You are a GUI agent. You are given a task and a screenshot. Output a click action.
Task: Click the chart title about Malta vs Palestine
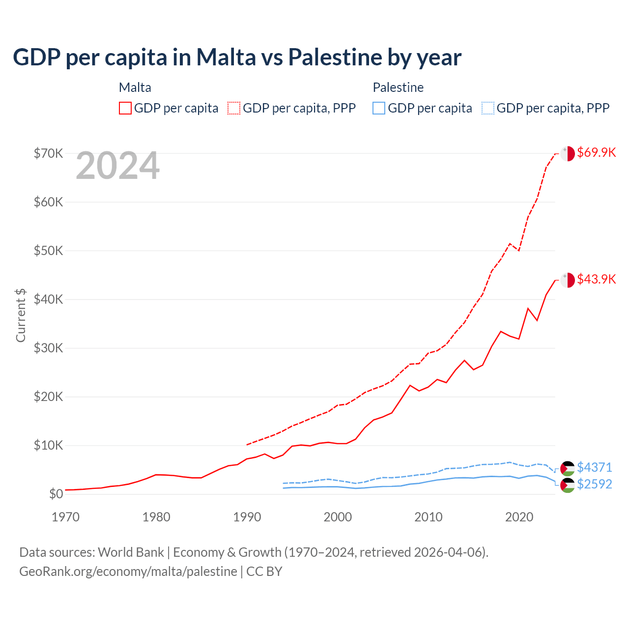[237, 57]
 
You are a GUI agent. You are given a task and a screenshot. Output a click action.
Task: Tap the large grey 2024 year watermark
[117, 166]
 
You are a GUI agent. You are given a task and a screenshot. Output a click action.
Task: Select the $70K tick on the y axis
[48, 153]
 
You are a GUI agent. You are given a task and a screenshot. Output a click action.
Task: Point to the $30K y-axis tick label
[48, 348]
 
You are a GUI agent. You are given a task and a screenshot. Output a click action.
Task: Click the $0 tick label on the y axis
[56, 494]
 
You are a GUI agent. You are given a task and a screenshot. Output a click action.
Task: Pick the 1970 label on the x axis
[65, 517]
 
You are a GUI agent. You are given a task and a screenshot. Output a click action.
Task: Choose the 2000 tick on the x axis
[338, 517]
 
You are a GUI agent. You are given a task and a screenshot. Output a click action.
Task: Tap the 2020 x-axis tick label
[519, 517]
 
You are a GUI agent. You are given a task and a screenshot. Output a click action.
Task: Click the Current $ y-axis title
[21, 315]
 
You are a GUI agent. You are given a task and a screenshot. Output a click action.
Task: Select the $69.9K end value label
[596, 152]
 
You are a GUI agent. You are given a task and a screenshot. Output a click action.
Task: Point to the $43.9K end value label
[596, 279]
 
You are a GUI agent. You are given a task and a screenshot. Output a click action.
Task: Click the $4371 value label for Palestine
[594, 467]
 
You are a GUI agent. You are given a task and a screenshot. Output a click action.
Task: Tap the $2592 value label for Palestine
[594, 484]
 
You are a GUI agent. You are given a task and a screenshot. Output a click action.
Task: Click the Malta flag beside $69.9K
[568, 153]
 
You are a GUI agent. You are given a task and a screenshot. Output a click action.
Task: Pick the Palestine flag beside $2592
[568, 485]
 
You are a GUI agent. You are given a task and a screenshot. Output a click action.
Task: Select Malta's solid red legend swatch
[125, 108]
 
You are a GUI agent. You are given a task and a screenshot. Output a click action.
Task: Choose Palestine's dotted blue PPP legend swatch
[488, 108]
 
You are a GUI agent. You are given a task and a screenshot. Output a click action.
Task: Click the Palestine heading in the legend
[398, 87]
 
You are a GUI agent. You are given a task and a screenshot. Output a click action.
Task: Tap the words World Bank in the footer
[131, 552]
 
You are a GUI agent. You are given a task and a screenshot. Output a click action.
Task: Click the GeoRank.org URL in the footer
[128, 572]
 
